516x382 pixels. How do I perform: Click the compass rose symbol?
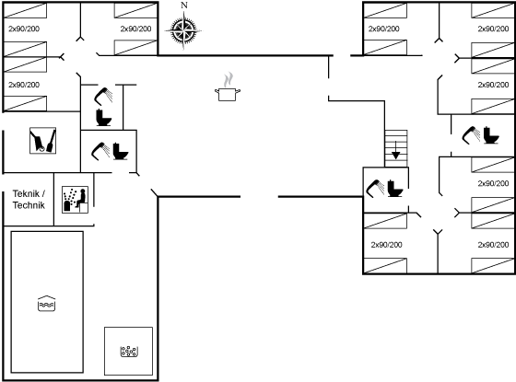(x=183, y=30)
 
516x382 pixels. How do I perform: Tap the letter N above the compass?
(x=184, y=6)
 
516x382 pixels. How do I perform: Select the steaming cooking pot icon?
(x=228, y=87)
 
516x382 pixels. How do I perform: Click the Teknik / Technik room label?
(x=29, y=199)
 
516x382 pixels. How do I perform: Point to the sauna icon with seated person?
(x=75, y=200)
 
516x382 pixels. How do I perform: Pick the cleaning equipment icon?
(x=42, y=141)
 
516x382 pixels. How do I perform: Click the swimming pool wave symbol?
(x=46, y=304)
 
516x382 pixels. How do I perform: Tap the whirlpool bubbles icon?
(x=129, y=352)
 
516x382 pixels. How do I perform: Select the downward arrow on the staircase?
(x=396, y=151)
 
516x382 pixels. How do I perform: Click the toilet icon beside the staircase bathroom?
(x=395, y=188)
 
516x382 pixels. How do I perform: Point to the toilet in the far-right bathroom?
(x=491, y=135)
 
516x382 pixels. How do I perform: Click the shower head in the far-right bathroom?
(x=471, y=135)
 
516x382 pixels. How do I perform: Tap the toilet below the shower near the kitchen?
(x=103, y=118)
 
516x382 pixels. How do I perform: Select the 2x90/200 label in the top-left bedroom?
(x=24, y=29)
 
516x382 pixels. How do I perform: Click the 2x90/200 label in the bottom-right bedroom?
(x=493, y=245)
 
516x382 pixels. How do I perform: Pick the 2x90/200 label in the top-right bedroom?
(x=493, y=29)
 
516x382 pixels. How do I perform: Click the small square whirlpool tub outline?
(x=129, y=351)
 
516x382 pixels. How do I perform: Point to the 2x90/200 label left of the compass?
(x=135, y=29)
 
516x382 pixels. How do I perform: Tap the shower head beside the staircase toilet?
(x=375, y=189)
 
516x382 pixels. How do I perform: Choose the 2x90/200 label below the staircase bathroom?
(x=386, y=245)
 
